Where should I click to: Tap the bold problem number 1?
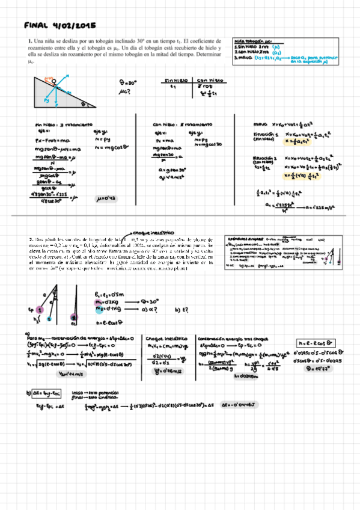(x=29, y=41)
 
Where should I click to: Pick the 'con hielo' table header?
(x=210, y=79)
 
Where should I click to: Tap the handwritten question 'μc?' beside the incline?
(x=125, y=92)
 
